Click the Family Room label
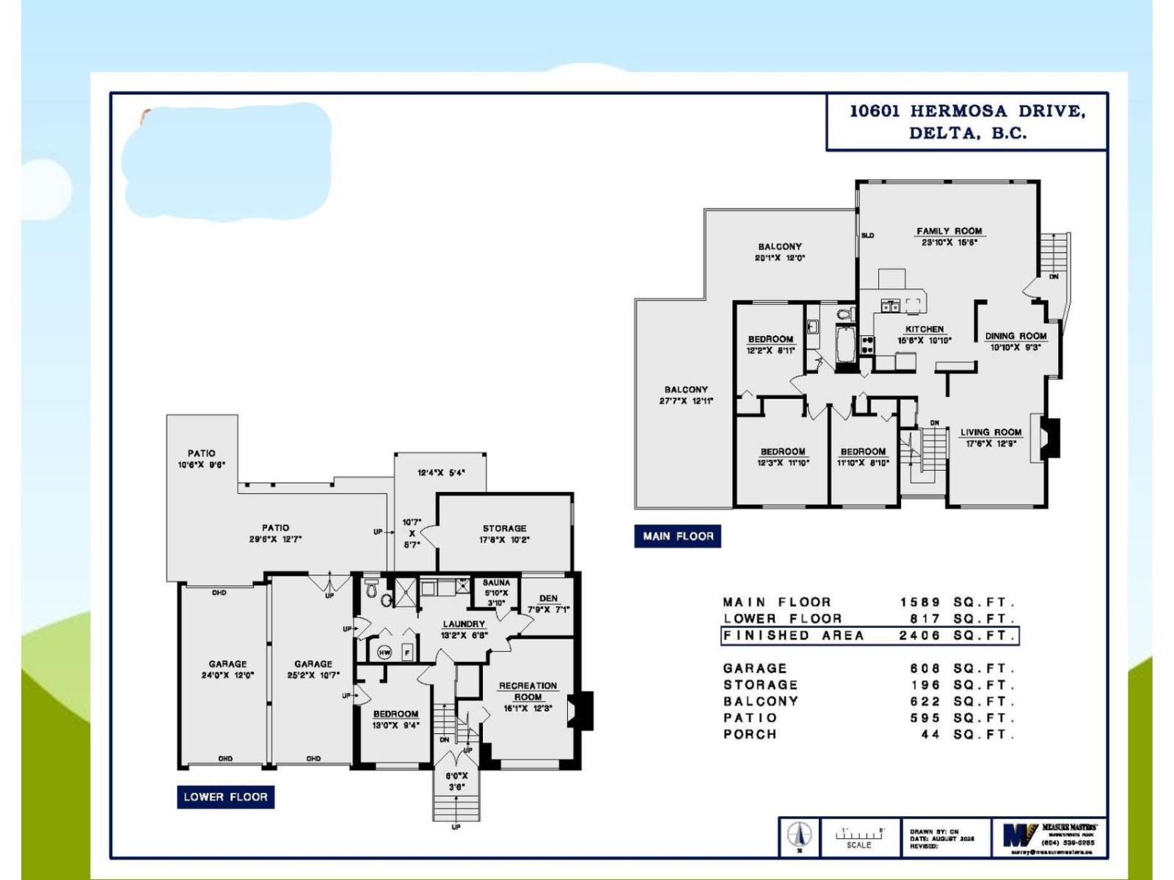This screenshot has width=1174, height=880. (949, 231)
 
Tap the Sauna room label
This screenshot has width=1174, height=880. (496, 583)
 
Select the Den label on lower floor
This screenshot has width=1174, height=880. (548, 598)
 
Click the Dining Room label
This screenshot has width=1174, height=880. (1016, 336)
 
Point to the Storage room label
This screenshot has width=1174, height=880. (504, 528)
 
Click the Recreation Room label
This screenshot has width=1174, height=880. (528, 691)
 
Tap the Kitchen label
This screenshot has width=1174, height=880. (924, 329)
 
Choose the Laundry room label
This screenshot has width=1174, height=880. (464, 624)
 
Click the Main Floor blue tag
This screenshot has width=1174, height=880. (678, 536)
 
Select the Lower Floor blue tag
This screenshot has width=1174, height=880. (225, 797)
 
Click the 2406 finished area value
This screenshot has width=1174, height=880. (920, 636)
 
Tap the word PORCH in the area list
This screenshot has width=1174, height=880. (750, 734)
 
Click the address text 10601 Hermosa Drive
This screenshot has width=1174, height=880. (967, 111)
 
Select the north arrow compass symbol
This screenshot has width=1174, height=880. (799, 835)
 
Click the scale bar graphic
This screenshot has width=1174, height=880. (859, 834)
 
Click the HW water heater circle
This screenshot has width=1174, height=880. (384, 652)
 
